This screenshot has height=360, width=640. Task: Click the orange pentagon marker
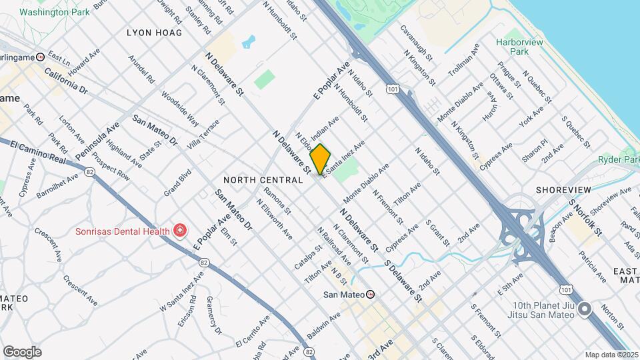point(320,159)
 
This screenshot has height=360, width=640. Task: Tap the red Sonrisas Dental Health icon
point(179,231)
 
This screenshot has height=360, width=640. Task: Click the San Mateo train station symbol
point(370,294)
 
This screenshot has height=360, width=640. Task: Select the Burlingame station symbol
point(41,57)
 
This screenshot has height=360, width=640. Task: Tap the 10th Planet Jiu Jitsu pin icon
point(585,308)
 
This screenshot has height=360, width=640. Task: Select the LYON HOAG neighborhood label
point(154,32)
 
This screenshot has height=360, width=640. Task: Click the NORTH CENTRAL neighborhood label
point(263,180)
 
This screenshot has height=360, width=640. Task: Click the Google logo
point(22,351)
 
